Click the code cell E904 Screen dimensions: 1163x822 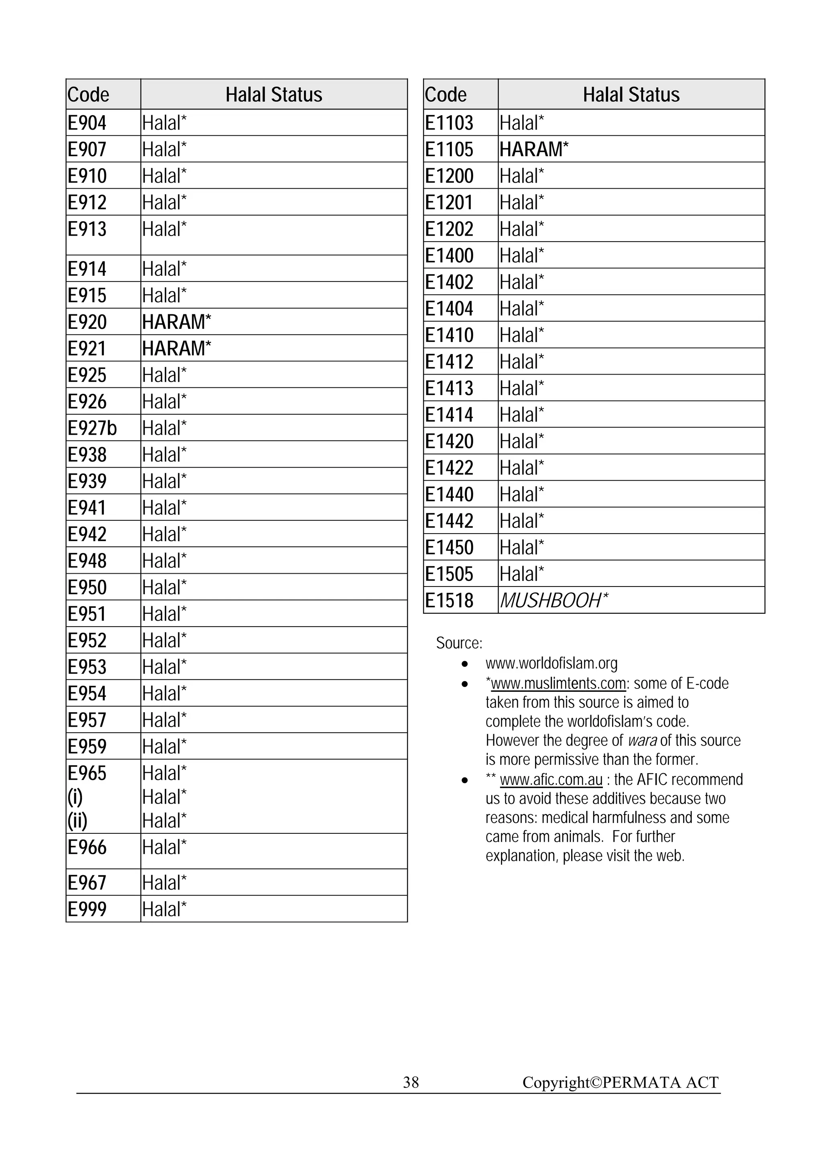tap(87, 123)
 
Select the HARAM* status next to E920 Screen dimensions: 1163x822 tap(176, 322)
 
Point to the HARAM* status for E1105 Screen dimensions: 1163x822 tap(534, 149)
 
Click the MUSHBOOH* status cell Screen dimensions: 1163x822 tap(553, 601)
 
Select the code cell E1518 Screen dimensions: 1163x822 tap(449, 601)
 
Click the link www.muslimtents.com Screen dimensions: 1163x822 tap(558, 683)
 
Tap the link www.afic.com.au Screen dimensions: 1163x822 tap(551, 780)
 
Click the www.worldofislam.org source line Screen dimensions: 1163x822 tap(551, 663)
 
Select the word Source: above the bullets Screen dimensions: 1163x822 tap(459, 643)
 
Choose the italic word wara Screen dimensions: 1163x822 tap(642, 741)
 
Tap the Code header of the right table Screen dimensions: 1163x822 tap(446, 95)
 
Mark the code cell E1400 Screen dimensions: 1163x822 tap(449, 256)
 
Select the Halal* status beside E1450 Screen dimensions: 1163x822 tap(522, 548)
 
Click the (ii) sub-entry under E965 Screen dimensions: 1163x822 tap(77, 821)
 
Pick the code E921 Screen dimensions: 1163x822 tap(87, 348)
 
